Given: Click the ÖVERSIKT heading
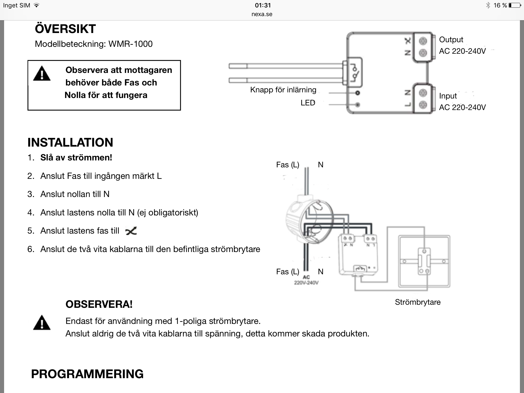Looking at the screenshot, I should click(65, 29).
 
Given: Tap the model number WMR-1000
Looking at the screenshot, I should click(130, 44).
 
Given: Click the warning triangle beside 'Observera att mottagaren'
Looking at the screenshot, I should click(42, 74).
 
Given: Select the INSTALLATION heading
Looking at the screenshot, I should click(70, 143).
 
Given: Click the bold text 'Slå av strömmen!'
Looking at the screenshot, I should click(76, 158).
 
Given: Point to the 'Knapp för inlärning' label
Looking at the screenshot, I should click(283, 90).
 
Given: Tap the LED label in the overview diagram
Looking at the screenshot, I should click(308, 103).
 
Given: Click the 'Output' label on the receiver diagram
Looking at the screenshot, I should click(451, 40).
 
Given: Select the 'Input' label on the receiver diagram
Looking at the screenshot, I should click(448, 96).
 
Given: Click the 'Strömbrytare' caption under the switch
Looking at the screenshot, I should click(418, 302).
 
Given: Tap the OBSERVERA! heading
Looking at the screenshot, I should click(99, 304).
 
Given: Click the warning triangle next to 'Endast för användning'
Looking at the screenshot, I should click(42, 323).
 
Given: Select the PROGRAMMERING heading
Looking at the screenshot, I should click(87, 374).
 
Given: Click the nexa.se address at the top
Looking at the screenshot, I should click(262, 14).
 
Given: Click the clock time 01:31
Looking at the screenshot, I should click(263, 5).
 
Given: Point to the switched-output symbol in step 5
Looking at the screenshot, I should click(131, 231).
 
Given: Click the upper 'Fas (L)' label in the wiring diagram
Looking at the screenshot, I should click(288, 165).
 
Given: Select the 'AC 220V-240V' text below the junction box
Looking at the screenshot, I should click(306, 280).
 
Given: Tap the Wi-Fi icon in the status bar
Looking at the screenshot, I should click(37, 5).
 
